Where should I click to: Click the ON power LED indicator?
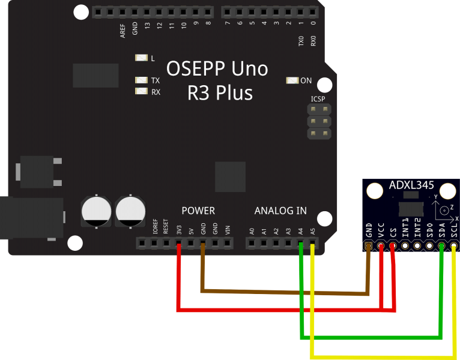pyautogui.click(x=292, y=81)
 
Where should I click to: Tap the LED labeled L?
pyautogui.click(x=142, y=58)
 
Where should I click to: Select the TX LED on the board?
pyautogui.click(x=142, y=80)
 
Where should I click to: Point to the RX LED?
pyautogui.click(x=142, y=92)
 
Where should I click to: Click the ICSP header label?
pyautogui.click(x=318, y=99)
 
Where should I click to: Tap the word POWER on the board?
pyautogui.click(x=198, y=211)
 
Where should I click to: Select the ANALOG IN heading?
pyautogui.click(x=280, y=211)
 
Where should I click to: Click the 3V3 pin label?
pyautogui.click(x=179, y=230)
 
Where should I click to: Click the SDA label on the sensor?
pyautogui.click(x=442, y=230)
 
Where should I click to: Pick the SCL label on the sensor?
pyautogui.click(x=454, y=230)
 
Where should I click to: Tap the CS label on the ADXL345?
pyautogui.click(x=393, y=233)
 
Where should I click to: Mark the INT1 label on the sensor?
pyautogui.click(x=405, y=230)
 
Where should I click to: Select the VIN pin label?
pyautogui.click(x=228, y=230)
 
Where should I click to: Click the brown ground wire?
pyautogui.click(x=282, y=292)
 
